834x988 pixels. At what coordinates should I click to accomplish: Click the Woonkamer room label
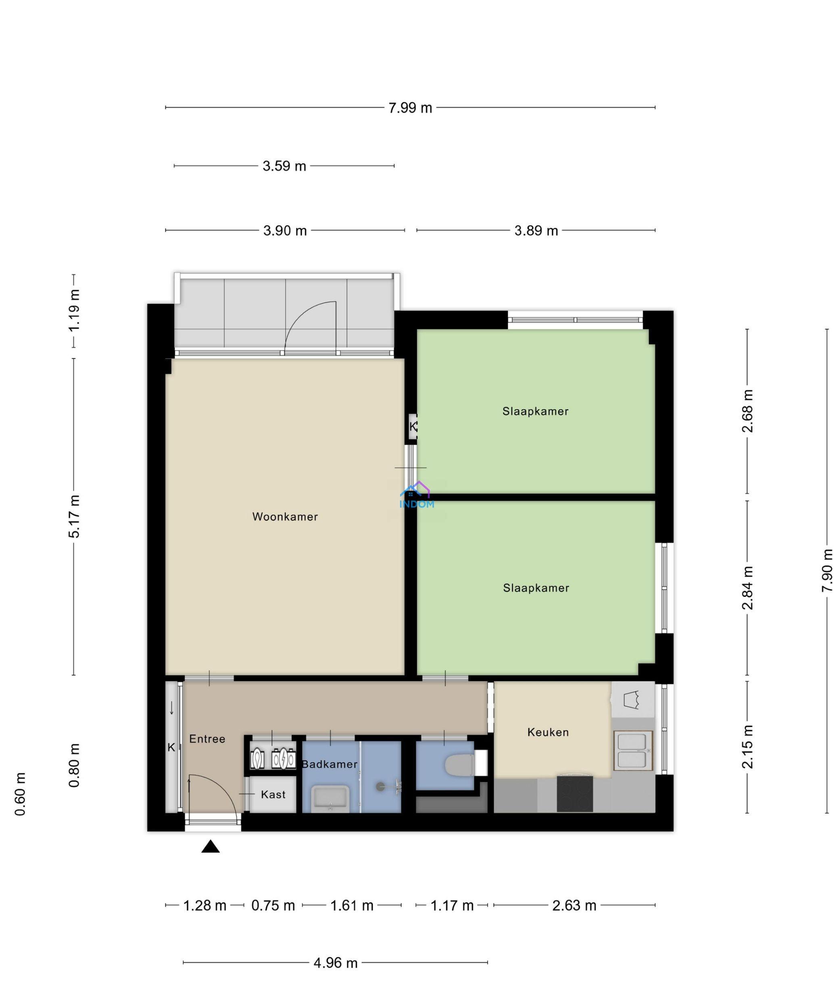pyautogui.click(x=285, y=516)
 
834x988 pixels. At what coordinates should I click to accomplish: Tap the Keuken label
pyautogui.click(x=548, y=732)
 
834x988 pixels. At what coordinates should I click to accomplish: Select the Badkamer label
pyautogui.click(x=329, y=764)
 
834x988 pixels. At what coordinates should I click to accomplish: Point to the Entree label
pyautogui.click(x=207, y=738)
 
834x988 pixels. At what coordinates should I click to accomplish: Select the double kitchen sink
pyautogui.click(x=633, y=750)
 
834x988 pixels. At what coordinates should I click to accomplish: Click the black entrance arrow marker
pyautogui.click(x=211, y=846)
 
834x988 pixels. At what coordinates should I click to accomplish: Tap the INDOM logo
pyautogui.click(x=417, y=495)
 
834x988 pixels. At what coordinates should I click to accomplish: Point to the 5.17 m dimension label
pyautogui.click(x=74, y=516)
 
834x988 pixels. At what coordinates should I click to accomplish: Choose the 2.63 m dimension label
pyautogui.click(x=574, y=905)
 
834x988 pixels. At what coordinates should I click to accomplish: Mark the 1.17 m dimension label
pyautogui.click(x=452, y=905)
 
